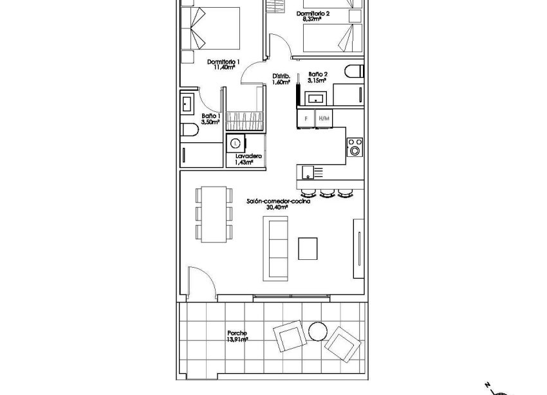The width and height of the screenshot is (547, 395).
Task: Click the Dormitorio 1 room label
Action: coord(223,62)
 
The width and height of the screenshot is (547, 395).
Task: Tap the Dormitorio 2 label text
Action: coord(313,13)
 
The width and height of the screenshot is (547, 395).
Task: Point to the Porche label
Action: coord(237,333)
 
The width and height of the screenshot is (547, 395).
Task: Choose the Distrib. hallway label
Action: coord(281,75)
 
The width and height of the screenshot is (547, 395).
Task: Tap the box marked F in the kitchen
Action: coord(306,118)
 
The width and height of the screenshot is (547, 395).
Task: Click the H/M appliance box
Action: coord(324,118)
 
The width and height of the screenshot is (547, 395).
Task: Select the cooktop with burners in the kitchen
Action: coord(355,147)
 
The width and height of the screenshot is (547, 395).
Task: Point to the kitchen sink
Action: coord(310,172)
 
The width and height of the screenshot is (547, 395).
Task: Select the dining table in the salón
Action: coord(213,214)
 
